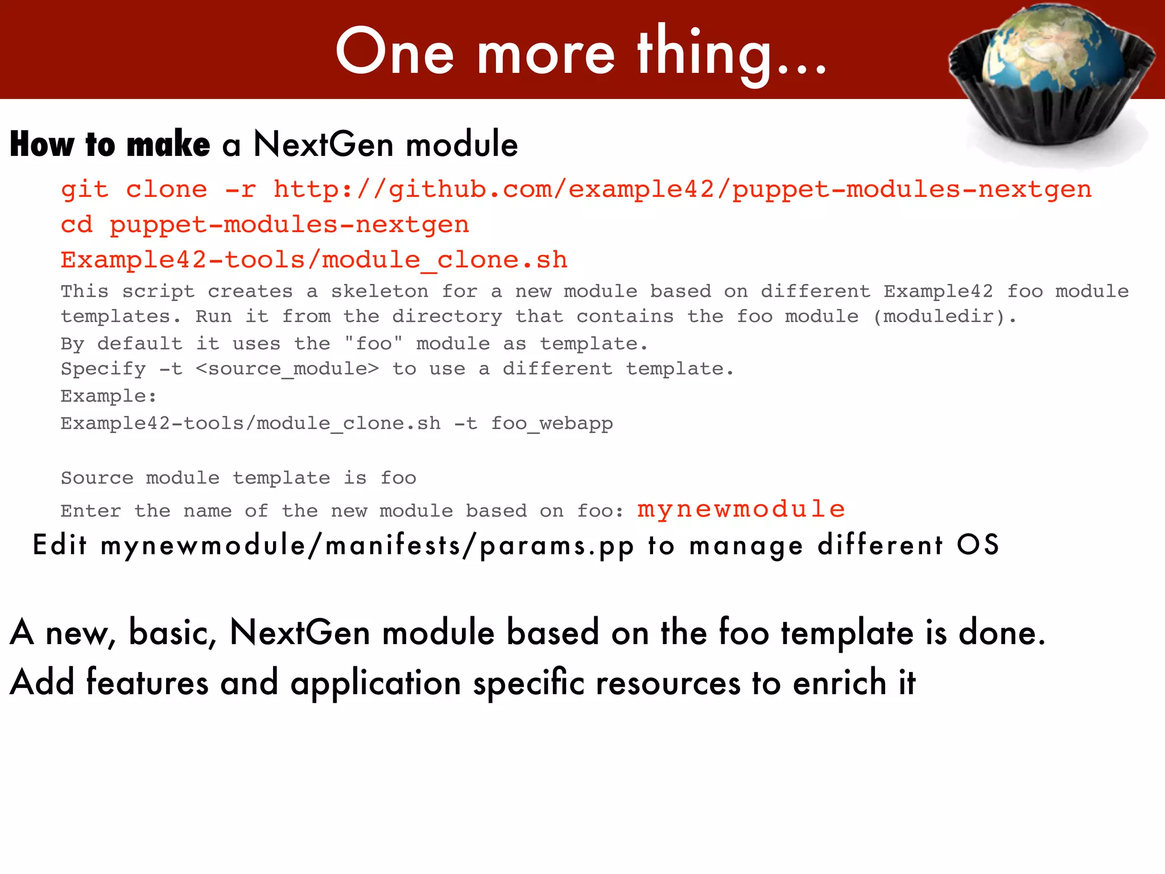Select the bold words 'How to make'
click(110, 144)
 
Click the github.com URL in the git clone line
click(683, 189)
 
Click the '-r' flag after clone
click(240, 189)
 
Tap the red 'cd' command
click(76, 225)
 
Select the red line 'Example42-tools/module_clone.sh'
click(314, 260)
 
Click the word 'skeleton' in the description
click(379, 291)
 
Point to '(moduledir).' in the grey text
click(944, 316)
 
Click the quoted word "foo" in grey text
click(374, 344)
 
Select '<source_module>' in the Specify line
click(287, 369)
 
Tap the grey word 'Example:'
click(109, 396)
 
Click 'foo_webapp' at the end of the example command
click(552, 423)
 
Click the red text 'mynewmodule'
click(741, 509)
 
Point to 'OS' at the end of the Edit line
click(978, 545)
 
